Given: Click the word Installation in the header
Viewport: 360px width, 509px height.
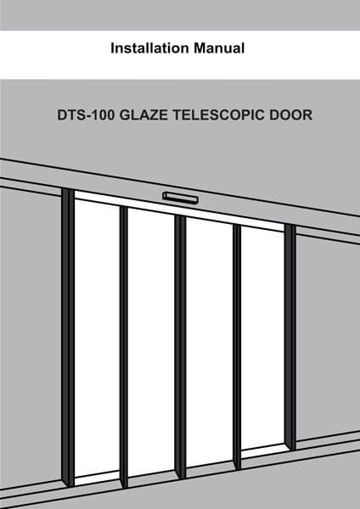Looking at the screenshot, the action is (149, 48).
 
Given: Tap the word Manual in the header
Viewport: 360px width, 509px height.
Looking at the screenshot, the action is (219, 48).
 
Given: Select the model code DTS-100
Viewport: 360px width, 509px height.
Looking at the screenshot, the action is (86, 115).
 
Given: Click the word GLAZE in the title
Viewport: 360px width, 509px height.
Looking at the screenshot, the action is (143, 115).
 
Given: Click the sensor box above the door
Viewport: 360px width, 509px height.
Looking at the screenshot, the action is (180, 198).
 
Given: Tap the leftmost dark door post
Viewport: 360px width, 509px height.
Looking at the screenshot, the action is (68, 337).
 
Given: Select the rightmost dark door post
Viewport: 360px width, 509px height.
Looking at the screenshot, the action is (290, 337).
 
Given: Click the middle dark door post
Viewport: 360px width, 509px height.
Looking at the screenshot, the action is (180, 347).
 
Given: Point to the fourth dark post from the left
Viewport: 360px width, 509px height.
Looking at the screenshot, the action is (237, 347).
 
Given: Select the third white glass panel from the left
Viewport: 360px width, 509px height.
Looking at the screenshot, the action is (209, 342).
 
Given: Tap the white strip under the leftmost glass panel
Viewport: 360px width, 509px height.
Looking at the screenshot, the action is (97, 478).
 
